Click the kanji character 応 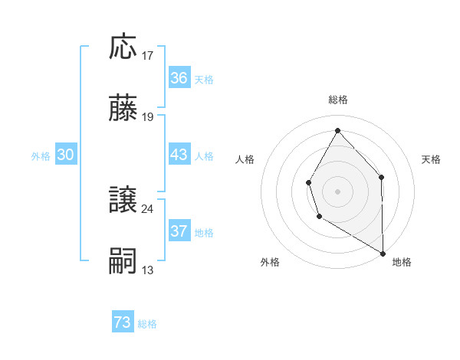click(123, 47)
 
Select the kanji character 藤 click(123, 109)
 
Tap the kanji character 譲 click(123, 200)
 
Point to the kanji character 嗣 click(123, 261)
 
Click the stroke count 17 click(149, 55)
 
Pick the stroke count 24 click(148, 208)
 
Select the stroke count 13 click(148, 270)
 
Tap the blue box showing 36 click(179, 78)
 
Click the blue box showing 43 click(179, 155)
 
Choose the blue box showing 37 click(179, 231)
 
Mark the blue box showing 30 click(66, 155)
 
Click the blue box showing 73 click(123, 323)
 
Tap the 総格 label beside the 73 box click(148, 324)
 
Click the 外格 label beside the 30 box click(41, 155)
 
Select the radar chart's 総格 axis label click(338, 100)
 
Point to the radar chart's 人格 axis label click(245, 159)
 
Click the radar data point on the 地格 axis click(383, 253)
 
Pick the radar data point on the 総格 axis click(337, 129)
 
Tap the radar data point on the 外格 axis click(319, 217)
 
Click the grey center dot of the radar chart click(337, 191)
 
